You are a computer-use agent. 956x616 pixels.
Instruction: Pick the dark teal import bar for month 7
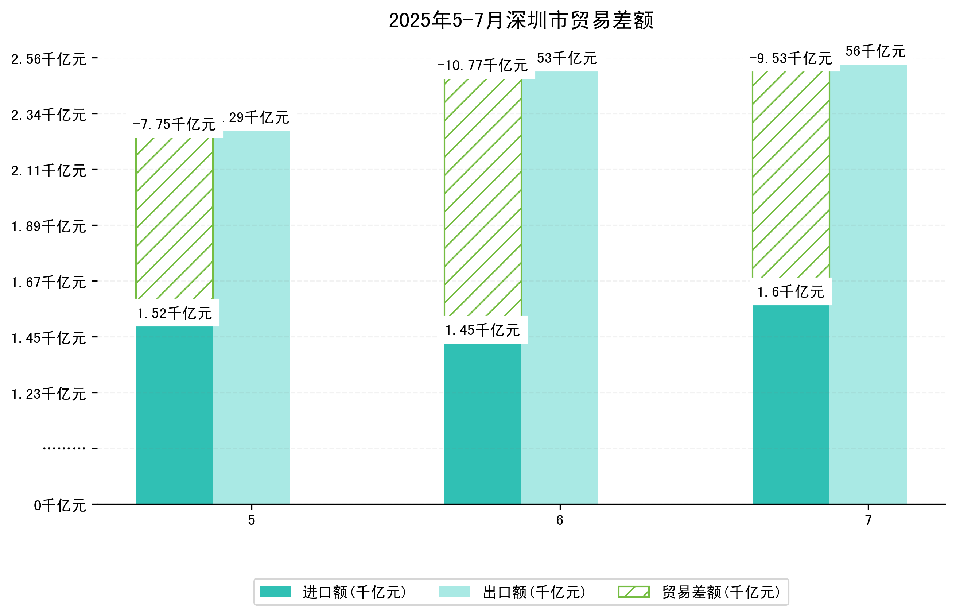click(x=790, y=404)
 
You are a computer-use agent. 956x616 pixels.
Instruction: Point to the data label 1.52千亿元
click(x=174, y=313)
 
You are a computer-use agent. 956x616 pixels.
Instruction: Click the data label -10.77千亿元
click(x=482, y=65)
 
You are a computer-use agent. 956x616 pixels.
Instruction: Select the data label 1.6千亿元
click(x=790, y=292)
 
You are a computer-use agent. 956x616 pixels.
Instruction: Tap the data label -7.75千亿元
click(x=174, y=124)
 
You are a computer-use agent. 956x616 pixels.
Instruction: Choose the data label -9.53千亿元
click(x=790, y=58)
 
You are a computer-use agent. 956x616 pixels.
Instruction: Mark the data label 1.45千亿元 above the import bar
click(x=482, y=330)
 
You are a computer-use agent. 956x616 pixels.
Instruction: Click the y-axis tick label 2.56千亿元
click(x=49, y=59)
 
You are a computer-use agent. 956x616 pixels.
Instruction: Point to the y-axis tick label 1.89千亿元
click(x=49, y=226)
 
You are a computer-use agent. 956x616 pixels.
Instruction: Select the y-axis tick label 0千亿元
click(x=60, y=505)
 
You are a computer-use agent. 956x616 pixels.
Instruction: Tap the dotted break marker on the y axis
click(x=64, y=448)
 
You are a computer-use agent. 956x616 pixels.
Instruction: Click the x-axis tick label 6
click(x=559, y=520)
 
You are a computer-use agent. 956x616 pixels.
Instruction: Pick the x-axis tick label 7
click(x=868, y=520)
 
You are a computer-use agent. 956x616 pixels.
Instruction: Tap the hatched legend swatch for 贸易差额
click(x=633, y=592)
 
